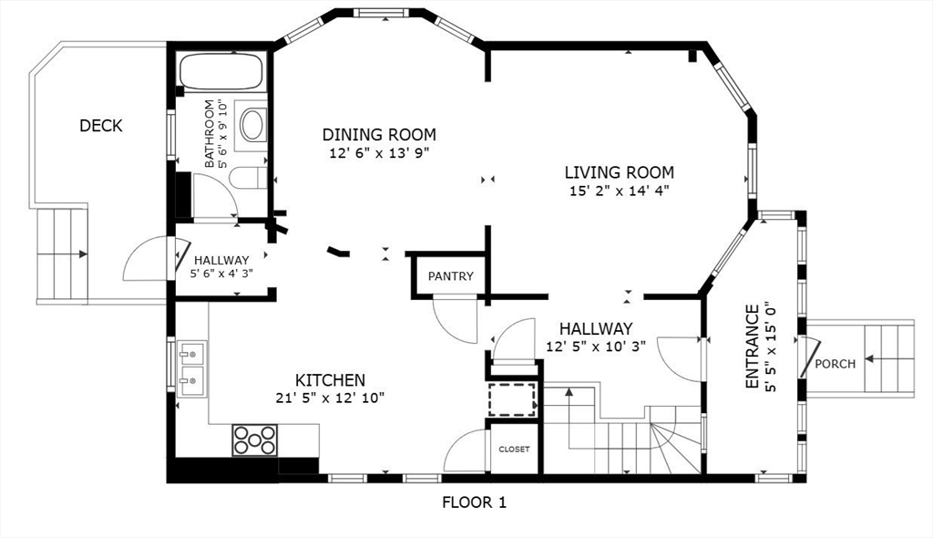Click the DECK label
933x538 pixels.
tap(101, 126)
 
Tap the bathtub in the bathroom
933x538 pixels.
tap(221, 71)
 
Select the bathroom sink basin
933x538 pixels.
tap(253, 125)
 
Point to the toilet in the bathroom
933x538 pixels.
tap(248, 178)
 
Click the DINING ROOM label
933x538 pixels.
tap(379, 135)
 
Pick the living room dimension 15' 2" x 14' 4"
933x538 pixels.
tap(619, 191)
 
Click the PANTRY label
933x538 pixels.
tap(450, 276)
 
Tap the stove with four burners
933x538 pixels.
tap(255, 440)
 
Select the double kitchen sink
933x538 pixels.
tap(192, 368)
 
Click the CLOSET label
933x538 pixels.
tap(514, 450)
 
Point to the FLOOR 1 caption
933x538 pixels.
tap(474, 502)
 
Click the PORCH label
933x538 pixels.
tap(835, 364)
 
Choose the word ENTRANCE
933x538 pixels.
tap(752, 347)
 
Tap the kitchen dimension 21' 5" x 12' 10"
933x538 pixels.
tap(330, 398)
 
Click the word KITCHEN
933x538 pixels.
tap(330, 380)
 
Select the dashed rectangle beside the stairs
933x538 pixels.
tap(512, 399)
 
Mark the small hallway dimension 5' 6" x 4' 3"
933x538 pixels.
tap(221, 274)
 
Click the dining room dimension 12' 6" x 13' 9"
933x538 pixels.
tap(379, 154)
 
